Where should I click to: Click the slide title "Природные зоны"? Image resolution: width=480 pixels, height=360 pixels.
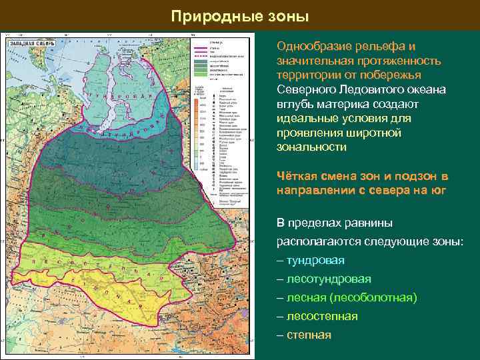(x=240, y=15)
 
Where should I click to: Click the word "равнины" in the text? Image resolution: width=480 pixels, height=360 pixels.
(x=371, y=223)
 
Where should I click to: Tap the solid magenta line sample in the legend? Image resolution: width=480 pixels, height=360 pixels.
(x=198, y=48)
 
